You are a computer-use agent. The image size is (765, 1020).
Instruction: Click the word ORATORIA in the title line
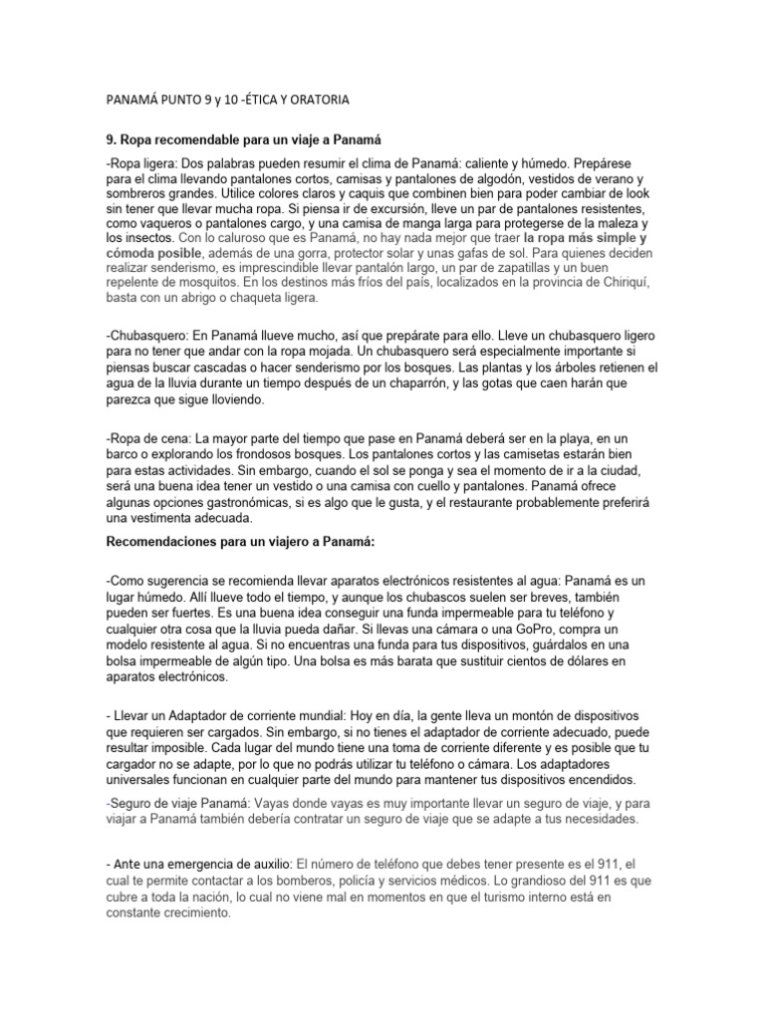[x=317, y=100]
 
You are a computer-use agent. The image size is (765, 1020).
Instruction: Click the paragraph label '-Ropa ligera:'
[x=140, y=161]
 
